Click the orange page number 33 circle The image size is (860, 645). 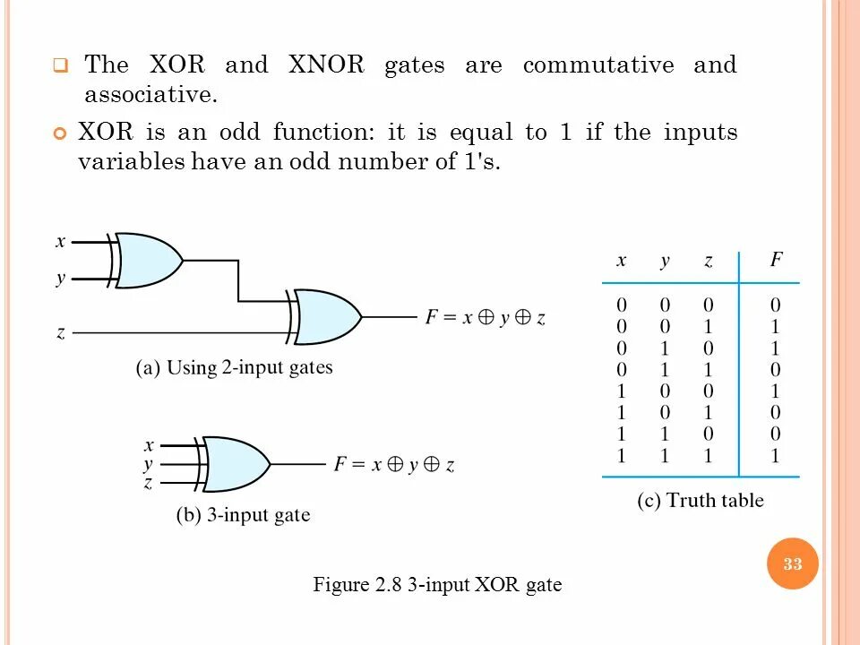[x=793, y=563]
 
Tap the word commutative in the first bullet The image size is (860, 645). [x=598, y=65]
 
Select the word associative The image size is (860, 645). [x=150, y=94]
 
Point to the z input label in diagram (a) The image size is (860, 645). [x=61, y=332]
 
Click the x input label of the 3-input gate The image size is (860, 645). [x=150, y=444]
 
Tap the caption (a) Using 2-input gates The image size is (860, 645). [x=234, y=368]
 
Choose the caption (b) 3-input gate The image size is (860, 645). [x=242, y=515]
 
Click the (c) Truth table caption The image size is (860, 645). [x=700, y=501]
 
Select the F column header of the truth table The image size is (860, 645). [x=776, y=261]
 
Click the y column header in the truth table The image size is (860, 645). [x=665, y=261]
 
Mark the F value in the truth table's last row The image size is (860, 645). [x=776, y=456]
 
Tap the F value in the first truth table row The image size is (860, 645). [x=776, y=305]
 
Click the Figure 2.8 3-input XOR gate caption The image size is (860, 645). [x=437, y=586]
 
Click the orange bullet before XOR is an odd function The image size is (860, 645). [x=61, y=134]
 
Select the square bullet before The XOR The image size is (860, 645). [x=60, y=66]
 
